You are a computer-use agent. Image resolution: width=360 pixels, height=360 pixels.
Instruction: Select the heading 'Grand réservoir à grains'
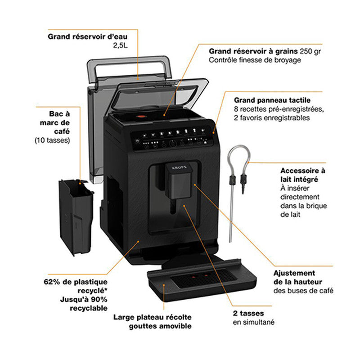pyautogui.click(x=249, y=51)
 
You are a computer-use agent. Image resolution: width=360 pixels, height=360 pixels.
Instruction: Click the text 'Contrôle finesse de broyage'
pyautogui.click(x=254, y=60)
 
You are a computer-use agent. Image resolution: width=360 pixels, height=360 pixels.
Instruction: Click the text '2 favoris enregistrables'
pyautogui.click(x=272, y=118)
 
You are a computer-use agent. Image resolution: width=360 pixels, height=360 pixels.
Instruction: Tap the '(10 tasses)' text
pyautogui.click(x=52, y=140)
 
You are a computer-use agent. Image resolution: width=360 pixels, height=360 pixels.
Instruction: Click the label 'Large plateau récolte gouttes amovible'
pyautogui.click(x=153, y=321)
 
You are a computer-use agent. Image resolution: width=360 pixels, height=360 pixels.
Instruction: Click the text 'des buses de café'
pyautogui.click(x=303, y=291)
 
